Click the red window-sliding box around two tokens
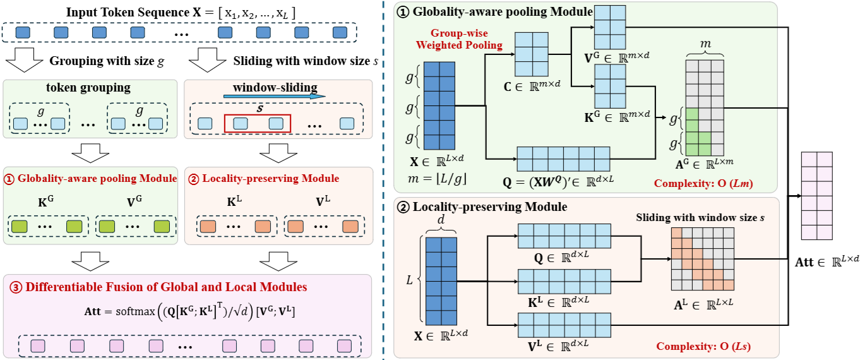[x=257, y=123]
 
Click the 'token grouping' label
[x=89, y=87]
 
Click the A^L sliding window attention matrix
[x=702, y=258]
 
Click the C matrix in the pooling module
[x=532, y=54]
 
